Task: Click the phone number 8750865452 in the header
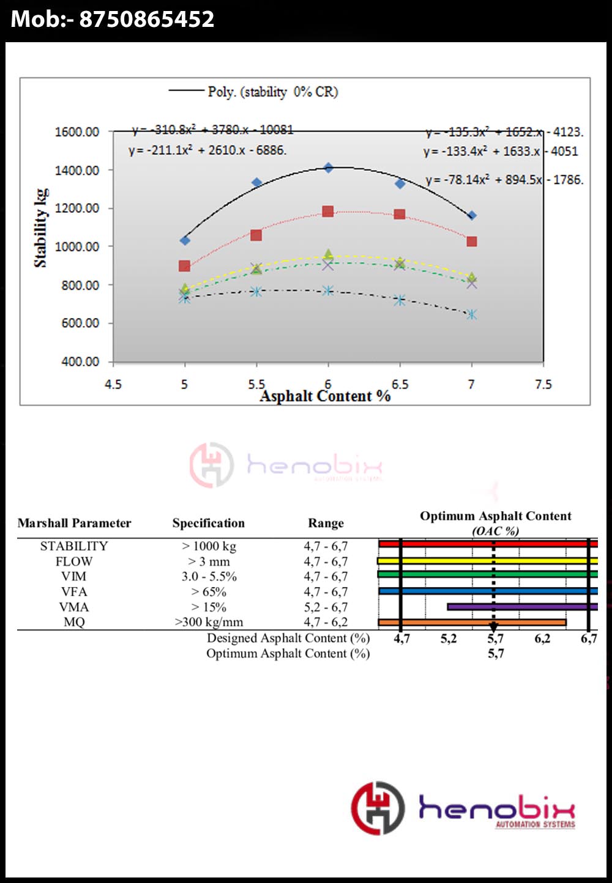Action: point(146,19)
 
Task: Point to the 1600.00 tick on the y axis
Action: point(77,132)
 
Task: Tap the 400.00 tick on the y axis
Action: point(80,361)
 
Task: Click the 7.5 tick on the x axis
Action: point(543,385)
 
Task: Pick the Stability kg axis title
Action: point(40,227)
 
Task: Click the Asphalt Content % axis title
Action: point(325,396)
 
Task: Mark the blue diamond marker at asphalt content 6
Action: point(328,168)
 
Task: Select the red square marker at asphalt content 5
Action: point(184,266)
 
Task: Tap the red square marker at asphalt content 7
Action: point(471,242)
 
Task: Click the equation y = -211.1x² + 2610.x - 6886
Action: point(207,150)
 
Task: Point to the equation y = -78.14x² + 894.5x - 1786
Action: point(504,180)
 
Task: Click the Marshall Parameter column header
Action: point(74,523)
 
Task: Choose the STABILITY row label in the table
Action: point(74,546)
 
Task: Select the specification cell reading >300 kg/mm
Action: point(209,623)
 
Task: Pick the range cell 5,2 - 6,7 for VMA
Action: point(326,607)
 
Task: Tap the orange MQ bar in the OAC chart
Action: point(472,623)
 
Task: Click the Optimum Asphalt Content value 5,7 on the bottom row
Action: point(496,654)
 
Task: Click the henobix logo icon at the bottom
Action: point(378,808)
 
